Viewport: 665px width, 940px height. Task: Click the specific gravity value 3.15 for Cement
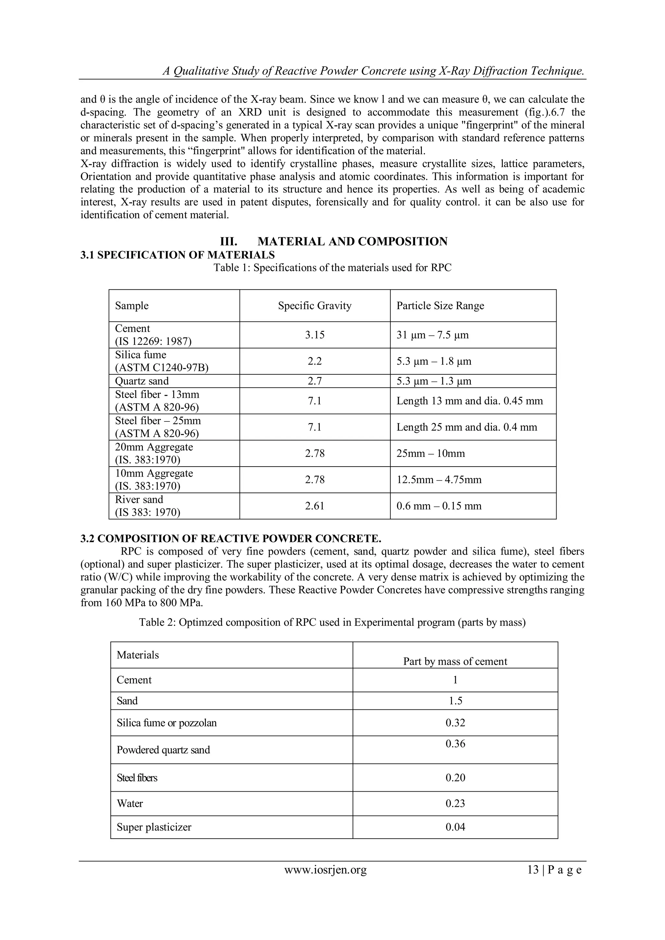(x=315, y=335)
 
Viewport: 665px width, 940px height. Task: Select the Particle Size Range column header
(x=440, y=306)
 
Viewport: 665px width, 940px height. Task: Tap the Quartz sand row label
(x=142, y=381)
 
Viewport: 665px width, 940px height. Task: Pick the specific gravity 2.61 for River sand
(x=315, y=506)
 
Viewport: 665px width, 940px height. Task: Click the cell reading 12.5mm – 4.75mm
(x=439, y=480)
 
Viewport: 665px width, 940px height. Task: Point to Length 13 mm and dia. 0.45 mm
(x=470, y=401)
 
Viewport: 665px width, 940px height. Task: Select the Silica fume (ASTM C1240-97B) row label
(x=161, y=361)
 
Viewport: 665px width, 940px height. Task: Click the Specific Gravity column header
(x=315, y=306)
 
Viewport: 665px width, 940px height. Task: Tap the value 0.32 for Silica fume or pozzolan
(x=455, y=722)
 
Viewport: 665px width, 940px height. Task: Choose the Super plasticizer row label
(x=154, y=827)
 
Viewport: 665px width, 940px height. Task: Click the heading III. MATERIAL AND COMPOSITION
(x=333, y=242)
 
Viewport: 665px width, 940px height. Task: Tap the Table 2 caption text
(x=332, y=622)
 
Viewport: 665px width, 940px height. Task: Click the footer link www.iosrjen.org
(x=326, y=870)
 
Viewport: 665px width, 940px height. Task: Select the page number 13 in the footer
(x=533, y=870)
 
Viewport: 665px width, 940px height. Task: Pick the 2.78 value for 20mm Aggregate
(x=315, y=453)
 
